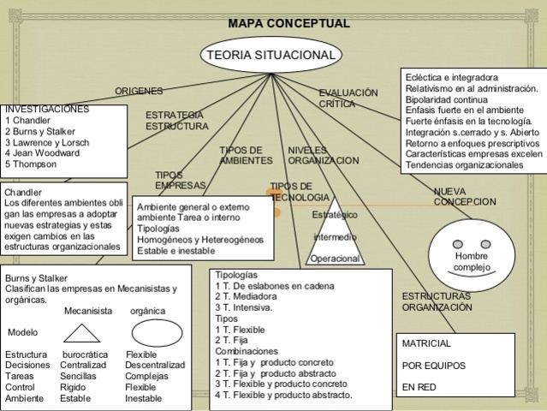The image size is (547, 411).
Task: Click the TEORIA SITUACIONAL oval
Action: (x=271, y=56)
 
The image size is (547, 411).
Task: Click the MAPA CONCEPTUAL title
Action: (x=288, y=23)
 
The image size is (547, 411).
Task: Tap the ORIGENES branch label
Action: (x=139, y=92)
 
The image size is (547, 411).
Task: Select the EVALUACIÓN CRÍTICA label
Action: (x=348, y=98)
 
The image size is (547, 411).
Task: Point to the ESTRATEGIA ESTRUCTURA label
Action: (x=175, y=120)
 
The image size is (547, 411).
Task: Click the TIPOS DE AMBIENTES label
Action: (x=246, y=155)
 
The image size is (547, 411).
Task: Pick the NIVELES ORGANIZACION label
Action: (x=324, y=155)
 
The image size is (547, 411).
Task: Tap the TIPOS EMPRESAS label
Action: (x=180, y=180)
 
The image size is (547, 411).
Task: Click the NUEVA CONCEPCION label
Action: (x=464, y=196)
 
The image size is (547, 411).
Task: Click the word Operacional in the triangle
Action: (x=334, y=259)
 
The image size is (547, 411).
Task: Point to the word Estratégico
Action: (x=335, y=214)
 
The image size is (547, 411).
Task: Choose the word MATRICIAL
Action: (x=426, y=343)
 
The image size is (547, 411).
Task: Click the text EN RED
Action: (x=419, y=387)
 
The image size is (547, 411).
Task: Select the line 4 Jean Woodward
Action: (x=42, y=153)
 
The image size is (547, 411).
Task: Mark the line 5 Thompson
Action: (x=33, y=164)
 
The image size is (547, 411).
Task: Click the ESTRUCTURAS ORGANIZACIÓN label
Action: (x=437, y=301)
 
